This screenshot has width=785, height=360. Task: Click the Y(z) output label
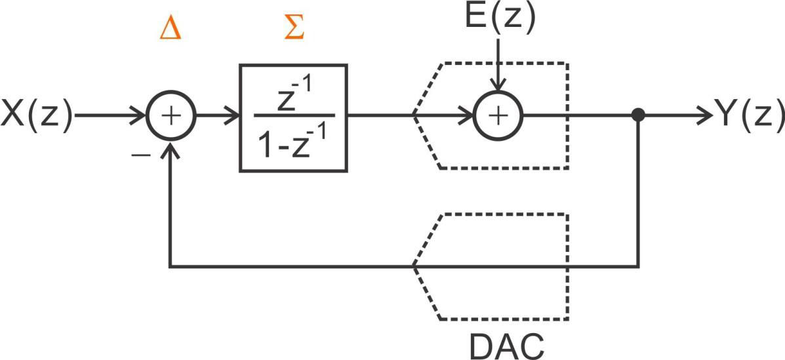pos(749,116)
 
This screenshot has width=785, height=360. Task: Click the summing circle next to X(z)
pos(171,117)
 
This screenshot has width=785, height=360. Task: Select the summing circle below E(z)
pos(498,116)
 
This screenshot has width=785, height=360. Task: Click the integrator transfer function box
pos(293,118)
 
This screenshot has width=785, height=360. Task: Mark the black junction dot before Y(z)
pos(637,116)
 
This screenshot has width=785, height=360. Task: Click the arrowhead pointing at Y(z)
pos(705,116)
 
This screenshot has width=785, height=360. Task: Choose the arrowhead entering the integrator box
pos(233,117)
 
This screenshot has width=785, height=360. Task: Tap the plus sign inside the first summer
pos(171,117)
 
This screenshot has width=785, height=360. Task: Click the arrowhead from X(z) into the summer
pos(140,117)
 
